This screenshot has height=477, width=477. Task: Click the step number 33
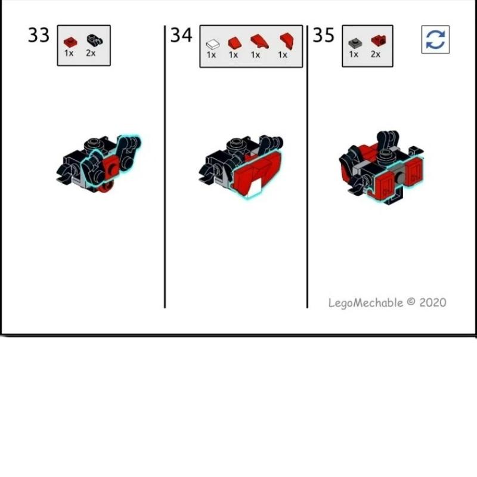click(x=39, y=35)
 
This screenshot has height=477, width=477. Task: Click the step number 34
click(x=181, y=35)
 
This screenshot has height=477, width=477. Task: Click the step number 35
click(x=324, y=35)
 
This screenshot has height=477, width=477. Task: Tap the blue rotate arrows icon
click(x=435, y=39)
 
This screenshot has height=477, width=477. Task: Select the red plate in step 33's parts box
click(x=70, y=42)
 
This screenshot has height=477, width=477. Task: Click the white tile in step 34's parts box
click(x=213, y=44)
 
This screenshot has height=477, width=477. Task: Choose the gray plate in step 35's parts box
click(x=355, y=44)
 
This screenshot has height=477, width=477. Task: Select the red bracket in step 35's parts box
click(x=379, y=41)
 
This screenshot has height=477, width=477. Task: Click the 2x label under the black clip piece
click(x=91, y=53)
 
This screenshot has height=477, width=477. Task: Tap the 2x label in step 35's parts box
click(x=376, y=54)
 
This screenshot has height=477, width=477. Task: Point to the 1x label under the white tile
click(x=211, y=55)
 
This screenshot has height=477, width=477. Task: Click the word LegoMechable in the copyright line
click(x=366, y=303)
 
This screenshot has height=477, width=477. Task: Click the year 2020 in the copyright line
click(x=433, y=302)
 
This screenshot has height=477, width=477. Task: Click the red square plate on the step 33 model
click(x=111, y=168)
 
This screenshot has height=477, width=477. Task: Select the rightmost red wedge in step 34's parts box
click(x=287, y=41)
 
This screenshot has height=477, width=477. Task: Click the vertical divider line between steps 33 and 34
click(x=165, y=167)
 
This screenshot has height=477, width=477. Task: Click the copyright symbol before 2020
click(x=411, y=302)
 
